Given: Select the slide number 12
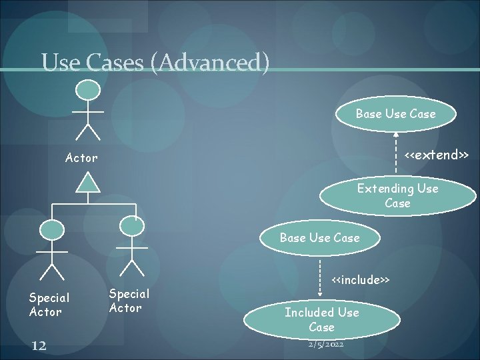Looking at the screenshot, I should click(38, 344).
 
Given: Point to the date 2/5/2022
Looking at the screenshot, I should click(327, 344).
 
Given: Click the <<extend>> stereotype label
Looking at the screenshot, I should click(437, 155).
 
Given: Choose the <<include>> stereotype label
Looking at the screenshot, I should click(361, 278).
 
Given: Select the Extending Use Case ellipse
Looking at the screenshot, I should click(397, 195).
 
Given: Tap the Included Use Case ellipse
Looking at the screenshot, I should click(321, 319).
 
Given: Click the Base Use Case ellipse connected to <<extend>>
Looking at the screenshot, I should click(395, 113).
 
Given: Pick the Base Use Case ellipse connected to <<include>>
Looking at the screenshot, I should click(319, 237).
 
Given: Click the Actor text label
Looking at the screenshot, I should click(81, 158).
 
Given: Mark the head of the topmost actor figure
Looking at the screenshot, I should click(88, 90).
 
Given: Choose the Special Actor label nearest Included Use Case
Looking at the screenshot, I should click(129, 301).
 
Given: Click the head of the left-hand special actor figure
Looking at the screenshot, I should click(52, 230).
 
